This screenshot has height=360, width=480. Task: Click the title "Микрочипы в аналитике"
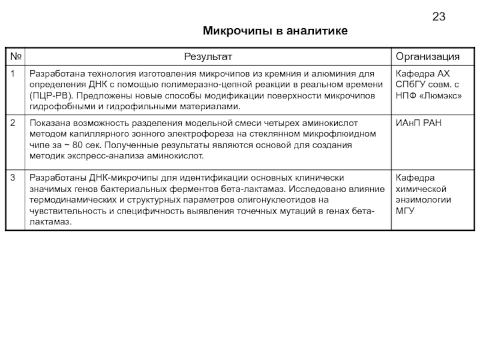tap(275, 31)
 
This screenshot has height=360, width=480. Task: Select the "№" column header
tap(15, 56)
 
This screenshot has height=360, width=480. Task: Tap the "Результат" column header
tap(207, 56)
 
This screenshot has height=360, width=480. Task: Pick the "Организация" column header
tap(427, 56)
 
